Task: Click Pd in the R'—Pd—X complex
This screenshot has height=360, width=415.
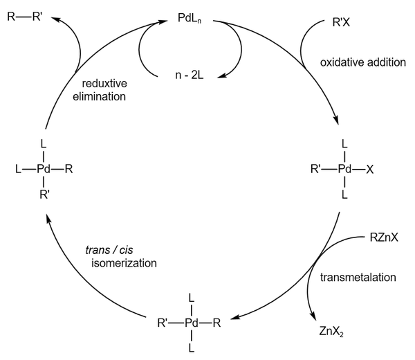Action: [344, 168]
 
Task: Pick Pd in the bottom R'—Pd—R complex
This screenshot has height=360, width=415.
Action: [191, 321]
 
